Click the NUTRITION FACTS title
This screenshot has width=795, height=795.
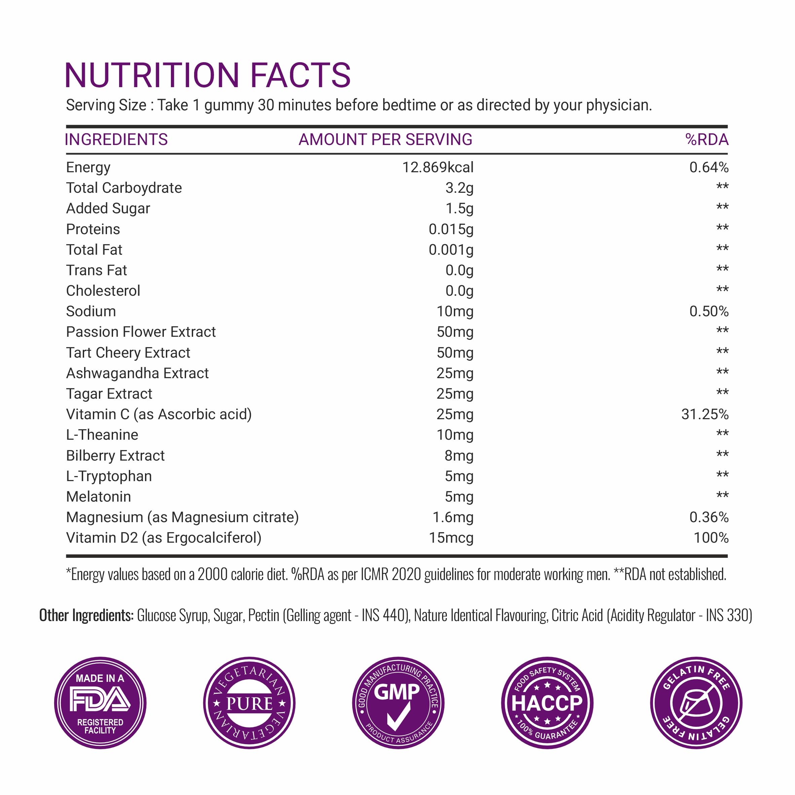(207, 75)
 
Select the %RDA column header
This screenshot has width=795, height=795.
(707, 140)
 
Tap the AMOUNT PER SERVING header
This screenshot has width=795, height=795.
(385, 140)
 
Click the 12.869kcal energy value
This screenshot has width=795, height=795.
(437, 168)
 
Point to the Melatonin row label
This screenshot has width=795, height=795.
(99, 497)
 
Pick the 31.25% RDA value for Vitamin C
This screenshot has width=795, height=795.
(704, 414)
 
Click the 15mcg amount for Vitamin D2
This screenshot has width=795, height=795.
(451, 538)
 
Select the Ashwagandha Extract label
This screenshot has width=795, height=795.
(138, 373)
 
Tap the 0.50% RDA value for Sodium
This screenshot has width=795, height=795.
(709, 312)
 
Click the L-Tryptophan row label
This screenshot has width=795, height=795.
(109, 476)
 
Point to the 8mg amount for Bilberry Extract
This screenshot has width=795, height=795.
(459, 456)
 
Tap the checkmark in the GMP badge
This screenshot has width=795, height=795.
(398, 717)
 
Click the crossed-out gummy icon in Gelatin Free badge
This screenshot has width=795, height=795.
(696, 703)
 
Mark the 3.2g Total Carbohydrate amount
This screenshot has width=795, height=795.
(459, 188)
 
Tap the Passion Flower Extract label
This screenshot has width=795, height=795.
(141, 332)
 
